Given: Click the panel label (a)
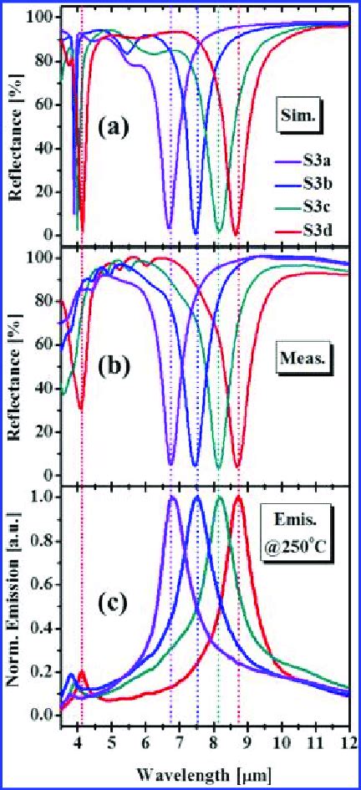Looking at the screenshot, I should pos(111,127).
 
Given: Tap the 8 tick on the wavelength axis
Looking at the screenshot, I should pos(213,739).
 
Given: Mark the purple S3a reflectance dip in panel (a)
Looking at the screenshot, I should pos(170,227).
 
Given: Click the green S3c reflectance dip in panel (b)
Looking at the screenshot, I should pos(219,466).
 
